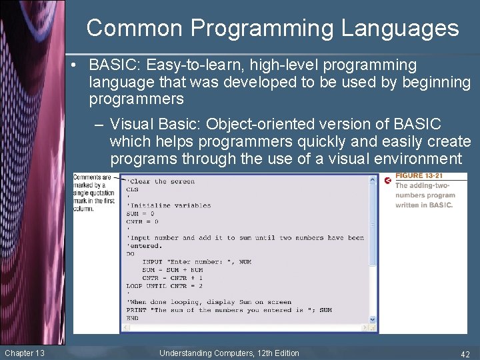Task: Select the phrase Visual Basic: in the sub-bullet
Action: click(x=155, y=125)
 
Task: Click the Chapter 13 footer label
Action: click(x=24, y=353)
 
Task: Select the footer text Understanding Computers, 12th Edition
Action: click(x=229, y=353)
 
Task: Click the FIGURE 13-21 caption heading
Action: click(x=418, y=176)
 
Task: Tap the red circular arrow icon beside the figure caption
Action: click(x=388, y=181)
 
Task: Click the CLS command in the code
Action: click(x=132, y=189)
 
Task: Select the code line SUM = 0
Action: click(x=142, y=213)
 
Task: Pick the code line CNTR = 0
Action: click(x=142, y=221)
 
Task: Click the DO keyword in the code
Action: click(x=130, y=253)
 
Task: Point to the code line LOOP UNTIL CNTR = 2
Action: click(x=164, y=286)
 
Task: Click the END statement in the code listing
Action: click(x=132, y=318)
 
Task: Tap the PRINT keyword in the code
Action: click(x=137, y=310)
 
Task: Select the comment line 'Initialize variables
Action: click(x=168, y=205)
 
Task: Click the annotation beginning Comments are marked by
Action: click(x=93, y=193)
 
